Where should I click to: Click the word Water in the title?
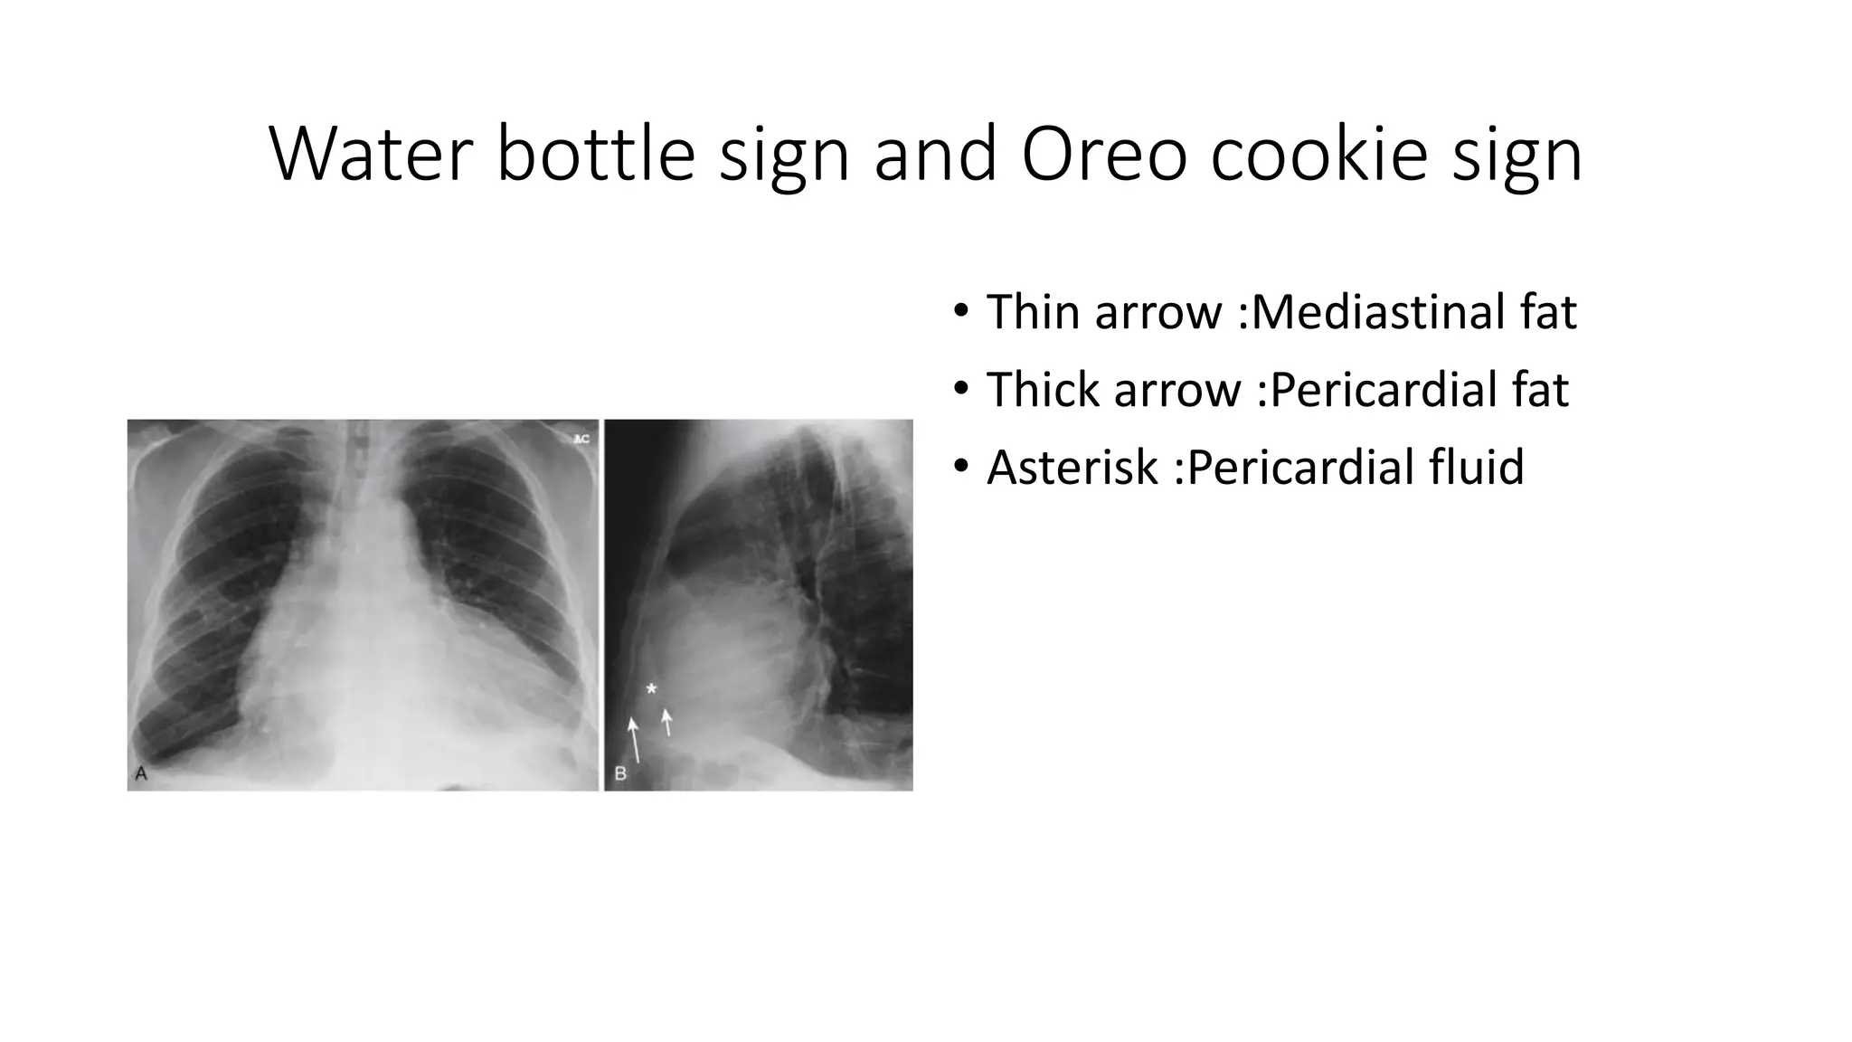(371, 154)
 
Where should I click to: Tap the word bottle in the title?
(595, 154)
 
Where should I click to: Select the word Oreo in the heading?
(1103, 154)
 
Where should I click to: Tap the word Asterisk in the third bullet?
(1072, 468)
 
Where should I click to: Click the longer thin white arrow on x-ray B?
(635, 740)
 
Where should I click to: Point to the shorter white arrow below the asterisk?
(667, 722)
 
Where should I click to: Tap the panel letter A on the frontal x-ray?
(141, 773)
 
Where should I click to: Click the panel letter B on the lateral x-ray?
(620, 774)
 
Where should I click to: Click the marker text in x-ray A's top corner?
(581, 439)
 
